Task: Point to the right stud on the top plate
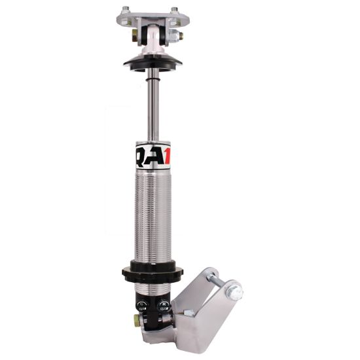(174, 9)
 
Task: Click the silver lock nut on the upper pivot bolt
(179, 37)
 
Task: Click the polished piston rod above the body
(152, 105)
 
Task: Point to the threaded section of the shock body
(153, 216)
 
